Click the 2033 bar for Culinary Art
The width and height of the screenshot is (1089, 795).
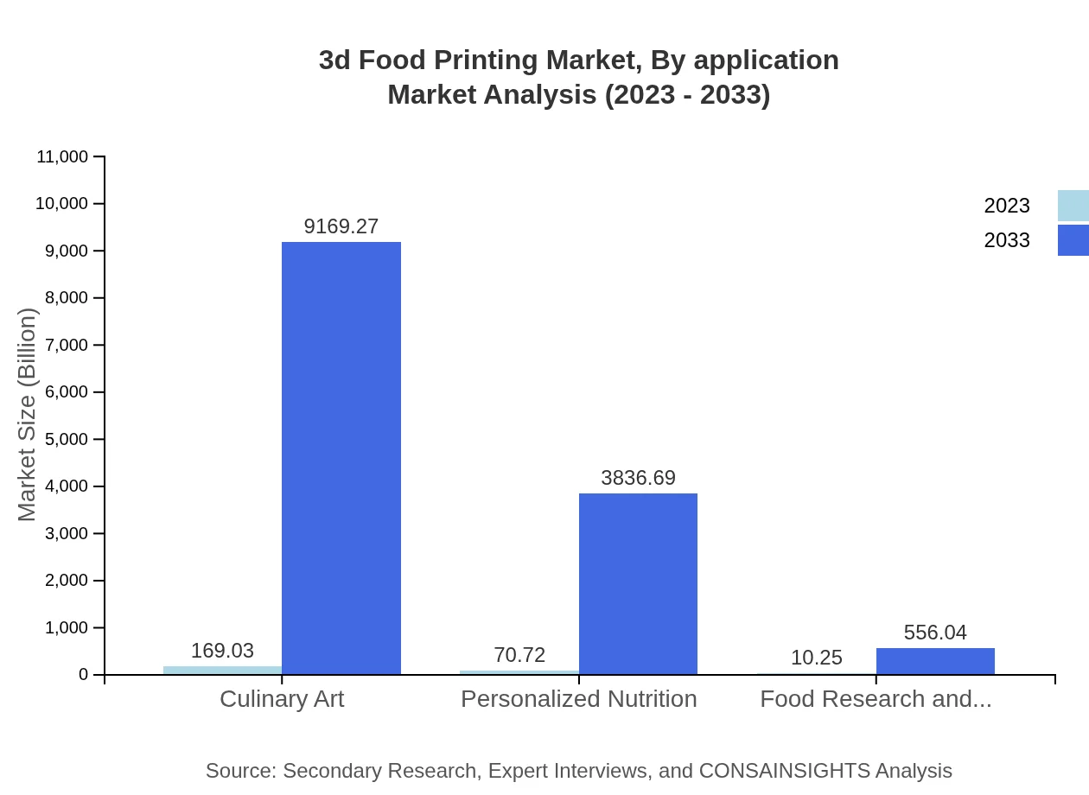tap(341, 458)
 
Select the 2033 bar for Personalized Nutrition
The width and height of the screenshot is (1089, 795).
tap(638, 583)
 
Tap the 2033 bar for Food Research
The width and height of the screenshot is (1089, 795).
tap(935, 661)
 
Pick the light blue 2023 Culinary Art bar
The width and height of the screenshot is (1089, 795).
tap(222, 670)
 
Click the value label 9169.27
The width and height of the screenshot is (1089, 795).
tap(341, 226)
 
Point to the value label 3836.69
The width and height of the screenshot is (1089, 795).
tap(638, 478)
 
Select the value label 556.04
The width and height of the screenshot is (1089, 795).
tap(935, 633)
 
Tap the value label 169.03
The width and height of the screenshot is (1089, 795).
tap(222, 651)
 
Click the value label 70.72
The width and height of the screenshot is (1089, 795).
tap(519, 655)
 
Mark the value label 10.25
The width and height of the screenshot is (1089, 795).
tap(816, 658)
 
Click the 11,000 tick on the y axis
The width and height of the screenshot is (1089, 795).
tap(62, 156)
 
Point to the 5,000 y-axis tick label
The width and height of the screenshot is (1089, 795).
tap(66, 439)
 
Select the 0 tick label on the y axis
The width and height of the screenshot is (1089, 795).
tap(84, 674)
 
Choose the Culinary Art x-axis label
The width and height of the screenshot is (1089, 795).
tap(282, 698)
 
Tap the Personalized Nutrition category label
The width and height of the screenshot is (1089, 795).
tap(579, 698)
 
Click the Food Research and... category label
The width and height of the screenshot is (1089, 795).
tap(876, 698)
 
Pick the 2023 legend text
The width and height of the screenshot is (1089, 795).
tap(1007, 206)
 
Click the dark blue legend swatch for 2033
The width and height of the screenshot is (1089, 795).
tap(1073, 240)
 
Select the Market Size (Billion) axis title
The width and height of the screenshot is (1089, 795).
tap(28, 415)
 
